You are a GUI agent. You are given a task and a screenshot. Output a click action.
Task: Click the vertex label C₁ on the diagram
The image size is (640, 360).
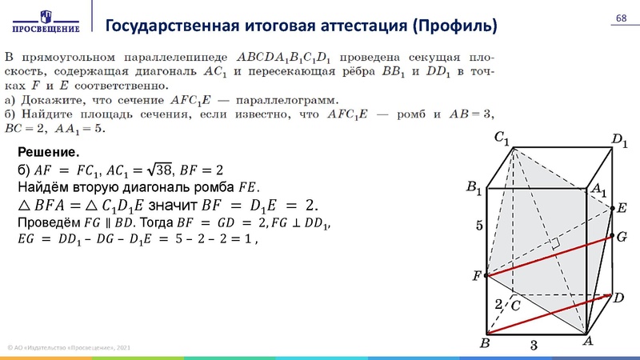(502, 138)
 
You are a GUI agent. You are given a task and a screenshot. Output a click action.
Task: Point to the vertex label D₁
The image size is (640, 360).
(620, 141)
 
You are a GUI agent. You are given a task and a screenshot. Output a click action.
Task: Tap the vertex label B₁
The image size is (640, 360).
(474, 189)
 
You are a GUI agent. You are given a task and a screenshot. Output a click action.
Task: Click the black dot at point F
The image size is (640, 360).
(487, 276)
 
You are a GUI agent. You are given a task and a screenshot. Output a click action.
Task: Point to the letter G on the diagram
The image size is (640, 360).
(622, 238)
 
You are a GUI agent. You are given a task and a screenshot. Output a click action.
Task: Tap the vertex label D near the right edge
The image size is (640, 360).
(618, 297)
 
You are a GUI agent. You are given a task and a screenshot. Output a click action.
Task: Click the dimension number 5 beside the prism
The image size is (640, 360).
(479, 226)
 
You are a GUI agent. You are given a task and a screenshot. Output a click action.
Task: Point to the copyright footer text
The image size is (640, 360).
(68, 348)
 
